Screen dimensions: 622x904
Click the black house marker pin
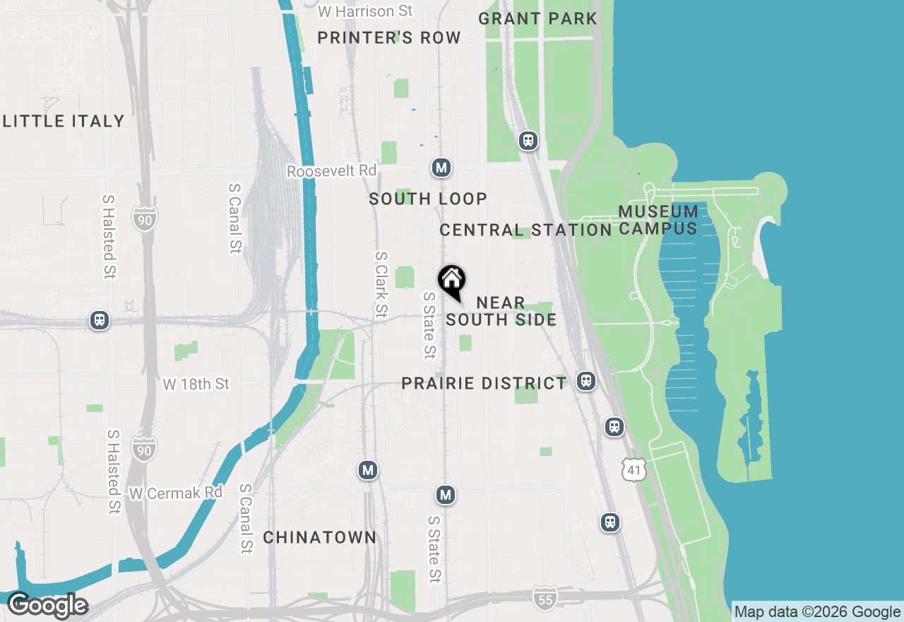coord(452,282)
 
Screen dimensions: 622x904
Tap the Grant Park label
coord(537,18)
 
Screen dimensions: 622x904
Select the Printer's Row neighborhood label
coord(389,37)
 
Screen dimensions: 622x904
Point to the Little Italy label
coord(64,121)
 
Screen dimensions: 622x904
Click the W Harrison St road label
coord(365,11)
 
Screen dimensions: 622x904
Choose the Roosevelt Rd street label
coord(332,171)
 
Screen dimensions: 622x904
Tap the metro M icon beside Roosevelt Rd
coord(441,168)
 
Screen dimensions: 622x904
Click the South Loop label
coord(428,199)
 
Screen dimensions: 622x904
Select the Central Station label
coord(525,230)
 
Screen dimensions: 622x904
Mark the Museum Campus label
coord(658,220)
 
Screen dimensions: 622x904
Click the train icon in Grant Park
coord(528,141)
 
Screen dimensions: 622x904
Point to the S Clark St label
coord(381,284)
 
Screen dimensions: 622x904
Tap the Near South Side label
coord(501,311)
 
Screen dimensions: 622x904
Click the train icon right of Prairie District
coord(585,381)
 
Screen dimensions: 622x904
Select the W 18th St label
coord(196,384)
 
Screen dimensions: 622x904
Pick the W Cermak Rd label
coord(176,492)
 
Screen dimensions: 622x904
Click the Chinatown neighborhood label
coord(320,537)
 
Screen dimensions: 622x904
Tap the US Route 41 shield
coord(634,469)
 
